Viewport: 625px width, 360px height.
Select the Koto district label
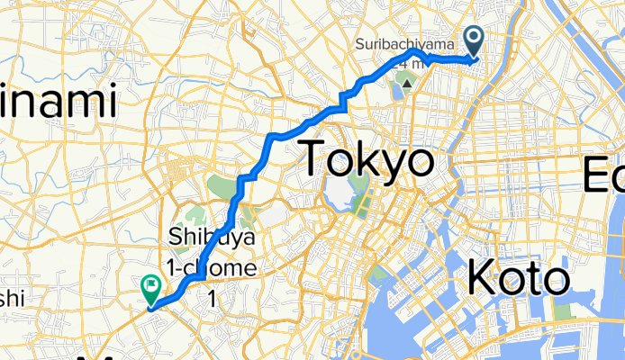click(x=519, y=280)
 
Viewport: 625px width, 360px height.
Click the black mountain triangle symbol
click(x=407, y=85)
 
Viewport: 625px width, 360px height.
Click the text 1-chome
click(x=213, y=268)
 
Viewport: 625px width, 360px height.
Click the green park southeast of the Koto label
click(x=563, y=311)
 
